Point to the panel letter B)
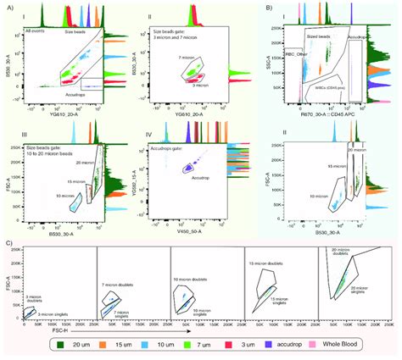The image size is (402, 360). [271, 6]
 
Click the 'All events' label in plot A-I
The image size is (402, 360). [38, 32]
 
